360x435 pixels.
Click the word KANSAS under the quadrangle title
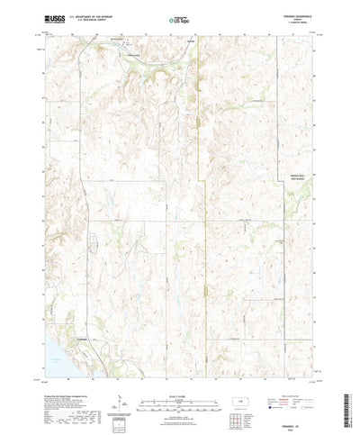[302, 18]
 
